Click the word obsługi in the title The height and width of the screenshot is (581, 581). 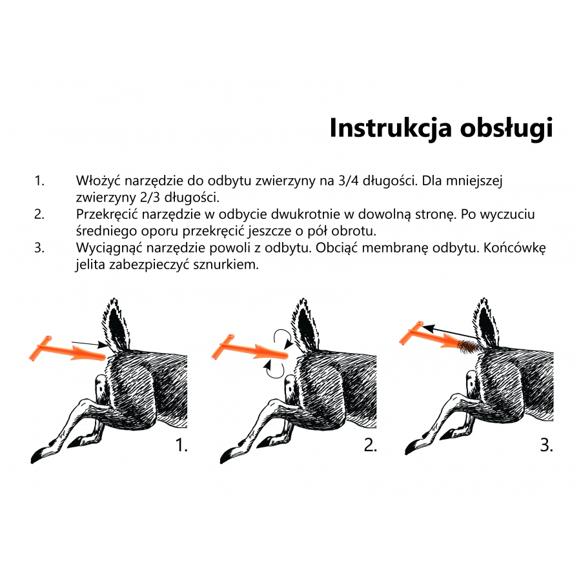click(506, 128)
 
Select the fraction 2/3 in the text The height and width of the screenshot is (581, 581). click(150, 197)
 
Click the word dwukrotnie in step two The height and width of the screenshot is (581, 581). click(309, 214)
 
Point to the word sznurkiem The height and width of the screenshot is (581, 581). click(226, 265)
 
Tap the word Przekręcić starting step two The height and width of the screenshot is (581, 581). click(107, 215)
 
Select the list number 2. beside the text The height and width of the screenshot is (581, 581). click(39, 214)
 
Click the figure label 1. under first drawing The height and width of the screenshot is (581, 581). click(181, 445)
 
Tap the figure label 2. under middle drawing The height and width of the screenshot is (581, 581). click(370, 445)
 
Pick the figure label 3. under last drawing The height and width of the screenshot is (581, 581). click(547, 445)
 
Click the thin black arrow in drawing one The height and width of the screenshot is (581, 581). click(89, 344)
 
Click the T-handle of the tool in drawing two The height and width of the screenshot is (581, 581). click(223, 347)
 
